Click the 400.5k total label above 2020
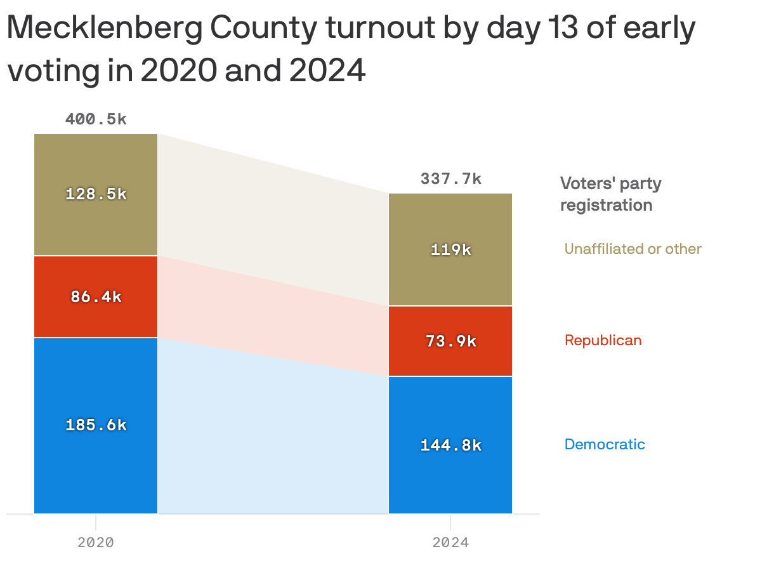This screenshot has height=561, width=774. pyautogui.click(x=96, y=119)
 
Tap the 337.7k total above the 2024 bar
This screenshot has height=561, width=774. pyautogui.click(x=450, y=179)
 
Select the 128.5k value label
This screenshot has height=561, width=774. pyautogui.click(x=96, y=194)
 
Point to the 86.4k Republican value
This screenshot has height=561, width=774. pyautogui.click(x=96, y=296)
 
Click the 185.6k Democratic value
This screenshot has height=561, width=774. pyautogui.click(x=96, y=425)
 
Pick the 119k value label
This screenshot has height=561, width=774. pyautogui.click(x=450, y=250)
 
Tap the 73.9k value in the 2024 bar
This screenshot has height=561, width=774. pyautogui.click(x=450, y=341)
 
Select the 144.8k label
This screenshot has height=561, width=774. pyautogui.click(x=450, y=445)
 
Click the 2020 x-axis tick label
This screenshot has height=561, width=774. pyautogui.click(x=96, y=543)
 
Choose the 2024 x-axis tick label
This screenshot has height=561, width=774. pyautogui.click(x=450, y=543)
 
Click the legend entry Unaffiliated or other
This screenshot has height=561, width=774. pyautogui.click(x=633, y=249)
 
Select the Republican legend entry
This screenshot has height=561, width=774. pyautogui.click(x=603, y=341)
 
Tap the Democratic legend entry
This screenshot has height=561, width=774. pyautogui.click(x=605, y=444)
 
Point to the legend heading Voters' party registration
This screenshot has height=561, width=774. pyautogui.click(x=610, y=194)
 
